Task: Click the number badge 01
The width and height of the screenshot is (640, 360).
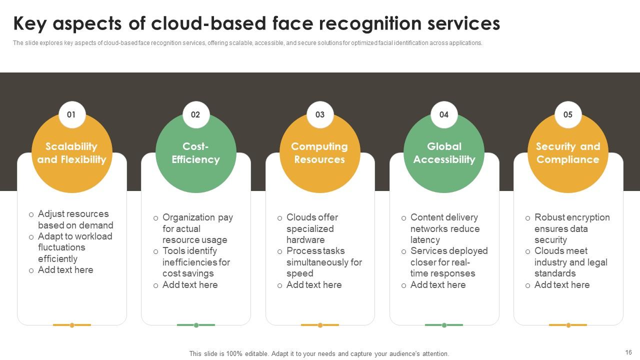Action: [x=71, y=114]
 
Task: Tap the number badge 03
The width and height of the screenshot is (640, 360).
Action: [x=320, y=114]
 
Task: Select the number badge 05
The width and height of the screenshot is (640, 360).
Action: [x=568, y=114]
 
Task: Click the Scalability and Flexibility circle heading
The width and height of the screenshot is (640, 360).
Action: [x=72, y=153]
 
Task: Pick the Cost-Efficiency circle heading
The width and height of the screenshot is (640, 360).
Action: [x=195, y=153]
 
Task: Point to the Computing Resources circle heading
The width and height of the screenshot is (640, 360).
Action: [x=319, y=153]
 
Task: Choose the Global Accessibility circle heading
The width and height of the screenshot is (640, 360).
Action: [x=444, y=153]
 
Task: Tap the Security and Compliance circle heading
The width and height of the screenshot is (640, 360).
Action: [x=568, y=153]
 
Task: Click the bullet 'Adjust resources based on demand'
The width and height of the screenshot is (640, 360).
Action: [x=75, y=219]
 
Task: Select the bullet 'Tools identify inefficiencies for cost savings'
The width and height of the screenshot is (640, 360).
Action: [x=196, y=262]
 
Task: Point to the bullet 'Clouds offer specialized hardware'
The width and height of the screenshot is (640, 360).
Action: [x=312, y=228]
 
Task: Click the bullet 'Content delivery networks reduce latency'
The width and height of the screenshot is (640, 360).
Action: [x=444, y=228]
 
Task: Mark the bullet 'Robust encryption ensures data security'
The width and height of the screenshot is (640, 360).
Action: [x=571, y=228]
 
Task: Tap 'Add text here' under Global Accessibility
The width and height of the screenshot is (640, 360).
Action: [x=437, y=285]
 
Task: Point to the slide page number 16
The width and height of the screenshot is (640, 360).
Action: [x=628, y=352]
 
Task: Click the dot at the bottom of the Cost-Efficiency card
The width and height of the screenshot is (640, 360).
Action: [x=196, y=325]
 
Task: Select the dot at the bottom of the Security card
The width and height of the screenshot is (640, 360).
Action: [x=568, y=325]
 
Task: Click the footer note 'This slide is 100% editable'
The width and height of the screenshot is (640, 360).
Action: [x=319, y=353]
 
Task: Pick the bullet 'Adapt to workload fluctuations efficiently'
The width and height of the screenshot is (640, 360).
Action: [x=75, y=247]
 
